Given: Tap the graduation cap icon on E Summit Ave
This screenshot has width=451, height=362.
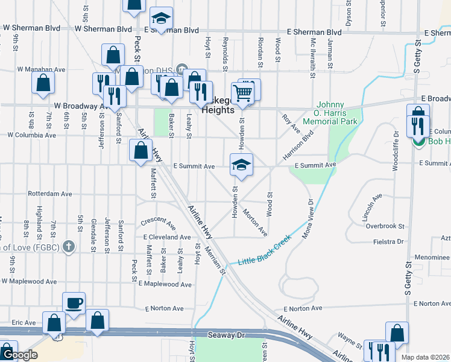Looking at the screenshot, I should pos(241,165).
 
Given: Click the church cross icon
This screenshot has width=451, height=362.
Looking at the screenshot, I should pos(69,246).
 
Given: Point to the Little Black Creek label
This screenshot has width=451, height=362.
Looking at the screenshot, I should pos(265,250).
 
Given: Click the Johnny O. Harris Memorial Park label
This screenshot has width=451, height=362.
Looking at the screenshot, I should pos(330,113).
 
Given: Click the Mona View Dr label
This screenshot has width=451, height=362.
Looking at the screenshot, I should pos(307,218).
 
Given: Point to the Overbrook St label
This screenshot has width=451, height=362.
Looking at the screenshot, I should pos(385,226).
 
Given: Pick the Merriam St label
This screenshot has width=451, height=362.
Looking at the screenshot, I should pos(215,261).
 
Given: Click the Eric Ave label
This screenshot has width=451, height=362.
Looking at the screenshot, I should pos(24,323).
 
